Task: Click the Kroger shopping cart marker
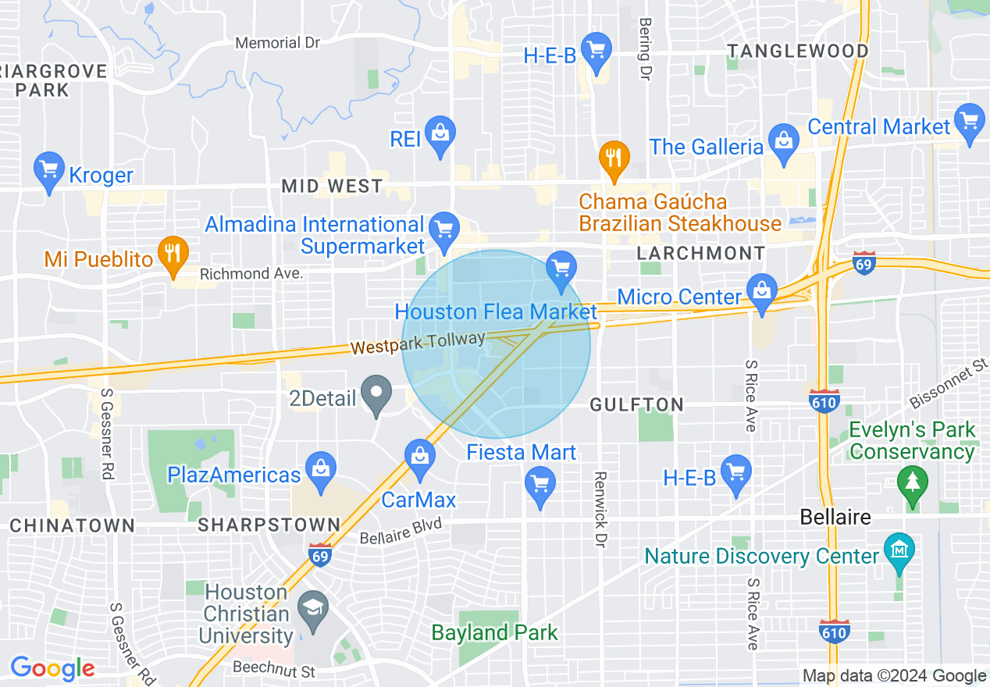pos(49,169)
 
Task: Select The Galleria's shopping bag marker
pos(782,141)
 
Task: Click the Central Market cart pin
pos(970,122)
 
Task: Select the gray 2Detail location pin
pos(379,393)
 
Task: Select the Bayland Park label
pos(495,632)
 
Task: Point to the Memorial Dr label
pos(277,43)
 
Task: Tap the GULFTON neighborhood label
pos(637,404)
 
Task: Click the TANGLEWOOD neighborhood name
pos(798,52)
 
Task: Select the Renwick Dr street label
pos(600,509)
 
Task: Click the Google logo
pos(53,669)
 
